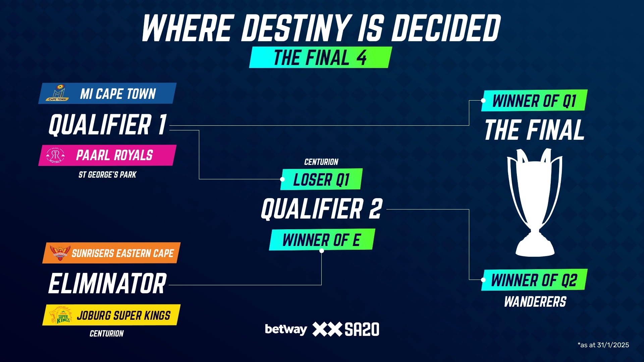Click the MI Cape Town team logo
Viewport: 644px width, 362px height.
coord(58,93)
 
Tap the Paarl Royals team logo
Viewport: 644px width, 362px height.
coord(55,156)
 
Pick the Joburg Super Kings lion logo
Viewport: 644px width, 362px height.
coord(60,315)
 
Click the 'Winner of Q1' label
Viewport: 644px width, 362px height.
coord(534,100)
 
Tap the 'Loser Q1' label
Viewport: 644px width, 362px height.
coord(321,179)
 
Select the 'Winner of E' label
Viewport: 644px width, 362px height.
coord(322,240)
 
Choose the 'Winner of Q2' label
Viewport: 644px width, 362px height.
coord(534,280)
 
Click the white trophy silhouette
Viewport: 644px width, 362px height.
coord(535,202)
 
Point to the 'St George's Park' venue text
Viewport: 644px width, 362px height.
coord(107,175)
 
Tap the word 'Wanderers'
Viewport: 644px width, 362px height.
coord(535,302)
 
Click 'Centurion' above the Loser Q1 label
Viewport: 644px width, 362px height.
coord(321,162)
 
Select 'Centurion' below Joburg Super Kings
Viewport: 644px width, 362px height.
coord(107,334)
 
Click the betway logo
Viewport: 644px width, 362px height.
coord(286,329)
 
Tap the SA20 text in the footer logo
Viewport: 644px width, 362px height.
coord(362,329)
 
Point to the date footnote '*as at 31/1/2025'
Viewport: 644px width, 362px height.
coord(603,345)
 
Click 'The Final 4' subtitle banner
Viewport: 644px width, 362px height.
coord(320,57)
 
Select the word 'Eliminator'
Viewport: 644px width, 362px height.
coord(107,284)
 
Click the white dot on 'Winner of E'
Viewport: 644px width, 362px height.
coord(322,251)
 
